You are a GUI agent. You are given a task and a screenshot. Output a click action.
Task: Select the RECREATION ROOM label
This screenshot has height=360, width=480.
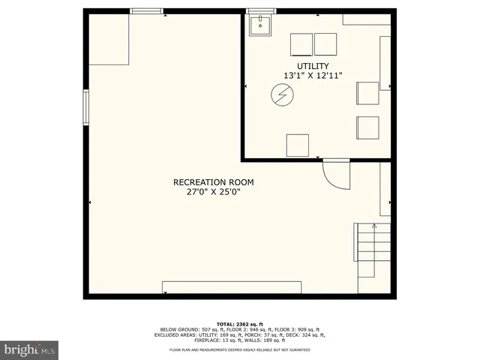(213, 182)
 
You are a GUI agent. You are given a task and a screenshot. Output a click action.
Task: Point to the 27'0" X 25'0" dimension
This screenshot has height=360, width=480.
(213, 192)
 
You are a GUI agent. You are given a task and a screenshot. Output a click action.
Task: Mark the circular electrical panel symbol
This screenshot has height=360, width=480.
(282, 94)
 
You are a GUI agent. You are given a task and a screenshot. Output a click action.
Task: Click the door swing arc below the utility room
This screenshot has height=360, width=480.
(336, 177)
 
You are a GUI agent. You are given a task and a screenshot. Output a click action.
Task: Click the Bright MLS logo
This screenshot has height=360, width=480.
(29, 349)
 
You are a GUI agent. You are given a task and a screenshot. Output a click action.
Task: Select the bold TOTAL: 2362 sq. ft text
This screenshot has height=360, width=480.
(240, 324)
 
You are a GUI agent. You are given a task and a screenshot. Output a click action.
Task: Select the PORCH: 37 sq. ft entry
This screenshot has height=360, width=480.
(262, 334)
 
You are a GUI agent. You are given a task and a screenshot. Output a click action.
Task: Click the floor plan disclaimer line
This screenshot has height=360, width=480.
(240, 349)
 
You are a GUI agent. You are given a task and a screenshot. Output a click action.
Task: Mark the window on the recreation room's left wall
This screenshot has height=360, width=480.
(86, 108)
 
